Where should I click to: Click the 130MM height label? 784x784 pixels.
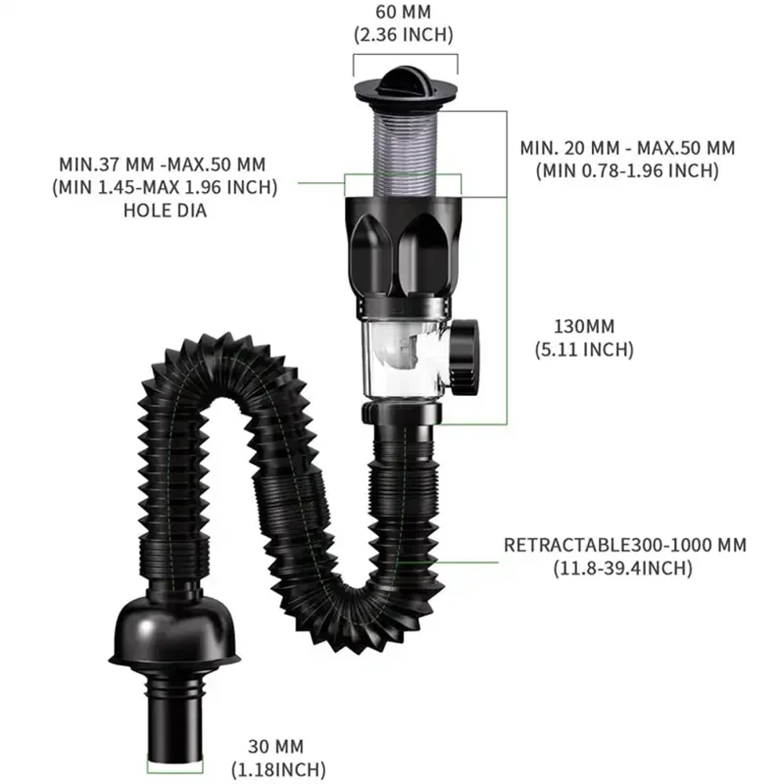[x=584, y=326]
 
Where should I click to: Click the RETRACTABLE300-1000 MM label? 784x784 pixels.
[x=625, y=545]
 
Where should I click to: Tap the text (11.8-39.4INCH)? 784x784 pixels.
[x=625, y=568]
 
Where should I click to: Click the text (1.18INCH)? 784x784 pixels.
[x=278, y=770]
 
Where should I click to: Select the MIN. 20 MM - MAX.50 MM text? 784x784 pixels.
[x=627, y=147]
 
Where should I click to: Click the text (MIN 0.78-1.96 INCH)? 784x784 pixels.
[x=627, y=170]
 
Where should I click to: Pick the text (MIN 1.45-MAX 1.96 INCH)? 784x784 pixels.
[x=165, y=188]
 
